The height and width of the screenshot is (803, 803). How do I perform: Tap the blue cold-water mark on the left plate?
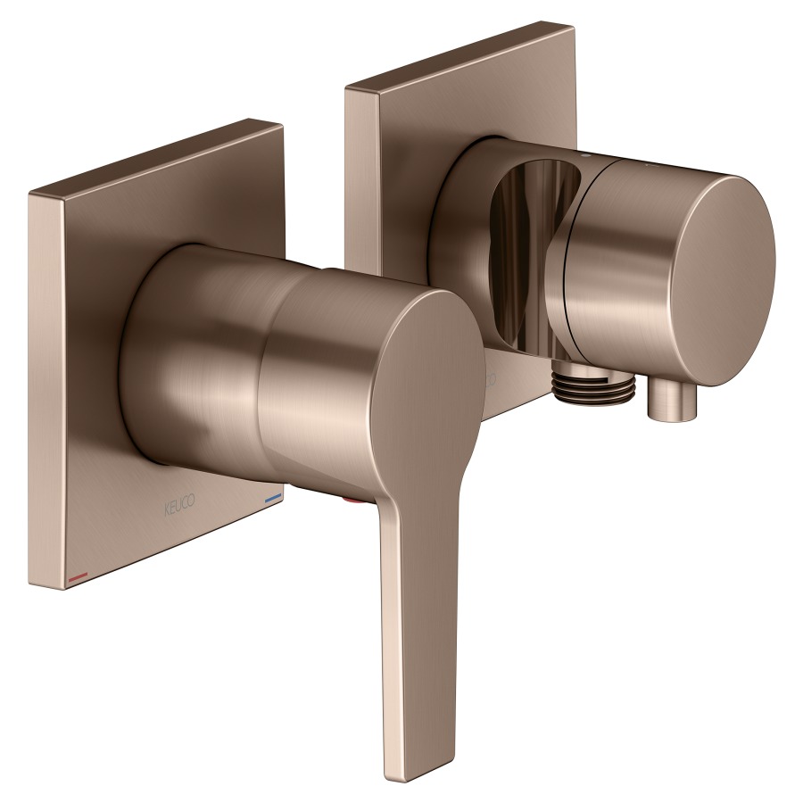[273, 497]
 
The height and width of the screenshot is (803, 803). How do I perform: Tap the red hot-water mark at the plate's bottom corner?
[78, 577]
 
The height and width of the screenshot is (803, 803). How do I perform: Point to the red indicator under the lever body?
[353, 500]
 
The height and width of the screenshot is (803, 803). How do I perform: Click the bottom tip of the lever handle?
[404, 777]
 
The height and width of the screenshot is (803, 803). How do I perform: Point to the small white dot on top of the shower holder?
[587, 155]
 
